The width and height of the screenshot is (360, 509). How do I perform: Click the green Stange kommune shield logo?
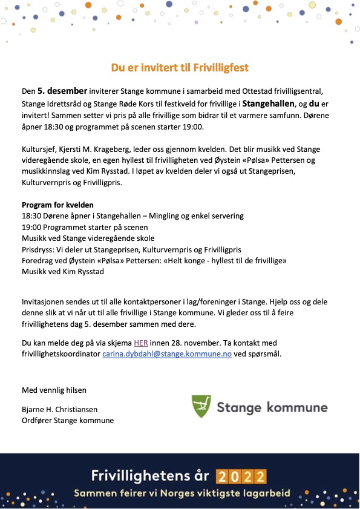pyautogui.click(x=201, y=406)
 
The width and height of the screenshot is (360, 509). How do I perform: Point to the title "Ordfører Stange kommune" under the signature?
pyautogui.click(x=68, y=420)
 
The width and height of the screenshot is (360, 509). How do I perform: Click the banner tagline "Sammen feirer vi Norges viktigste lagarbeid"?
pyautogui.click(x=182, y=493)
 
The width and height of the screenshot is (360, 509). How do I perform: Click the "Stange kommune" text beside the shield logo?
pyautogui.click(x=272, y=407)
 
